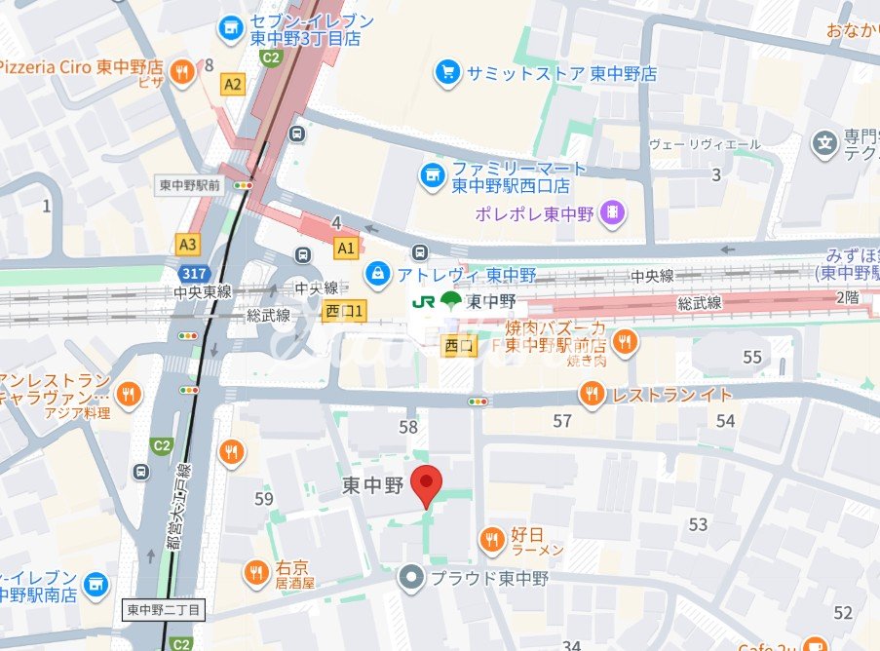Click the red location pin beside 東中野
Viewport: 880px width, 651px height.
tap(426, 485)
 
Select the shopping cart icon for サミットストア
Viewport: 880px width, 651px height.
tap(447, 73)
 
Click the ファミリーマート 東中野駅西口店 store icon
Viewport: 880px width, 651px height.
tap(431, 175)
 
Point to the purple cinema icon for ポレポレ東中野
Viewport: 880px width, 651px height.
tap(611, 211)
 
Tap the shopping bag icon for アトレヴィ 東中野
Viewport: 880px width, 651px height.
tap(375, 274)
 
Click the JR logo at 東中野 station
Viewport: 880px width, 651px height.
tap(425, 301)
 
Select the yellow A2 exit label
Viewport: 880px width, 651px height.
tap(232, 85)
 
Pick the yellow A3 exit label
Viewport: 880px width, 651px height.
tap(187, 243)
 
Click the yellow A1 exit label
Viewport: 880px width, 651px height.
tap(345, 248)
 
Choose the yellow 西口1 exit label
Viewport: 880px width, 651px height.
tap(344, 311)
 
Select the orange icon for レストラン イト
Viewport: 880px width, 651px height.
tap(591, 394)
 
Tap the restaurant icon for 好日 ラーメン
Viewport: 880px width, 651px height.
tap(492, 537)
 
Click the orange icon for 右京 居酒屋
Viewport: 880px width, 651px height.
tap(255, 572)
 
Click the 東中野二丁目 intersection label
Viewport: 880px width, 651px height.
tap(165, 610)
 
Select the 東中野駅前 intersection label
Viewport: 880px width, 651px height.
tap(190, 183)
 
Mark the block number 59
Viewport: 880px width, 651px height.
tap(263, 499)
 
